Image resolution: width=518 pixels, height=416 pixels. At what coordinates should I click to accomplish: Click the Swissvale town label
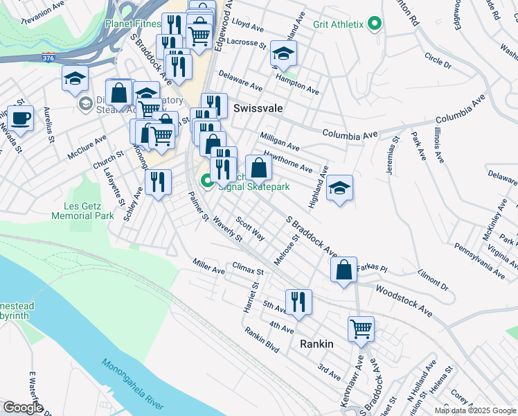(x=257, y=109)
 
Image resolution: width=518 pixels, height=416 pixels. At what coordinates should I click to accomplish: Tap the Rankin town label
(x=316, y=344)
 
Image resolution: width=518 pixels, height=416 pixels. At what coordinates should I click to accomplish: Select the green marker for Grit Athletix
(x=375, y=24)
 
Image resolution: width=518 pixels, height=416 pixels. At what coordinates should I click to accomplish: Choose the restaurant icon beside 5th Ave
(x=298, y=302)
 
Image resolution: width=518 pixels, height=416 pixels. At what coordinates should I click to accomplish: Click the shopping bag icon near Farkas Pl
(x=344, y=270)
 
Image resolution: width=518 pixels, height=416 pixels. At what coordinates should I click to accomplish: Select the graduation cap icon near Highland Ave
(x=339, y=188)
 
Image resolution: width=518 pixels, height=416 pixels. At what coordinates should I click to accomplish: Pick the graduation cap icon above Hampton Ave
(x=283, y=53)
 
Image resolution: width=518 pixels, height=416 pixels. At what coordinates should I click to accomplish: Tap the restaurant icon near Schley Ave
(x=158, y=182)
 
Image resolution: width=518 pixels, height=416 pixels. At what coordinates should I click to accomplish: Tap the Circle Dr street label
(x=438, y=60)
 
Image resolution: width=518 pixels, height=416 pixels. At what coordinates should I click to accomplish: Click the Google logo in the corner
(x=22, y=408)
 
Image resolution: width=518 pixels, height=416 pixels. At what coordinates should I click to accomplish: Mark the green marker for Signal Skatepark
(x=207, y=182)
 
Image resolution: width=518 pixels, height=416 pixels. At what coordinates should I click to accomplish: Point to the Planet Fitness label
(x=132, y=24)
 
